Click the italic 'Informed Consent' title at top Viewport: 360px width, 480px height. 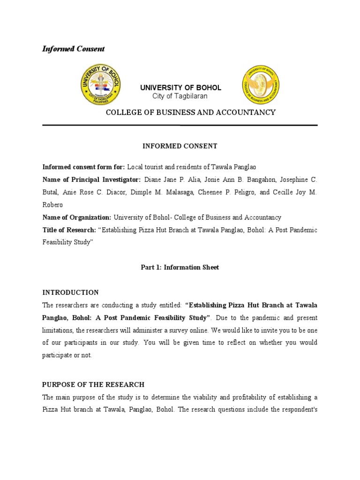(74, 49)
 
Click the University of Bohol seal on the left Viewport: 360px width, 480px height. (101, 85)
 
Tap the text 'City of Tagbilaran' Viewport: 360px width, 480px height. (180, 96)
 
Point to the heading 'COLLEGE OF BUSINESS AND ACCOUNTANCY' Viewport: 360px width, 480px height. (190, 112)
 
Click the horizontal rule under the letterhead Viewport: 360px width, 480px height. (180, 125)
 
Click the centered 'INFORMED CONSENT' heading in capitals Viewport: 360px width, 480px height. (180, 146)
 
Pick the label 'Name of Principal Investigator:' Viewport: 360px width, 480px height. (91, 180)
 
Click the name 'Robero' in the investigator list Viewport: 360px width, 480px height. (52, 205)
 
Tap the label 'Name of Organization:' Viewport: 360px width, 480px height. (77, 217)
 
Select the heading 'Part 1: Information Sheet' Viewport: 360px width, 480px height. (180, 268)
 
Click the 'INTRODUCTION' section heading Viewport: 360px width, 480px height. (71, 292)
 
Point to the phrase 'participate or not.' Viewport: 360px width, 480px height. (67, 355)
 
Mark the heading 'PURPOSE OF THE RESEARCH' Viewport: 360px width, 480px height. (93, 384)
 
